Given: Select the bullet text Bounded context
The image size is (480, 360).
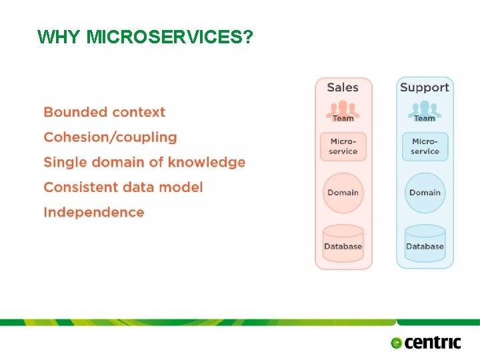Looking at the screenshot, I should (104, 112).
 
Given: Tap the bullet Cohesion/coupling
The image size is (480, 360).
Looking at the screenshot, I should (110, 137).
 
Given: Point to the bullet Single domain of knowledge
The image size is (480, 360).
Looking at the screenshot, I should (144, 162).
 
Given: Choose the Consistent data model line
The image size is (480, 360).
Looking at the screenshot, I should (123, 187).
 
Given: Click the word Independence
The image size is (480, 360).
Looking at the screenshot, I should (93, 212).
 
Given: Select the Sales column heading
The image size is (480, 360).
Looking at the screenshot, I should (343, 87).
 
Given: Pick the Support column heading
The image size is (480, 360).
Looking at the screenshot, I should (424, 87).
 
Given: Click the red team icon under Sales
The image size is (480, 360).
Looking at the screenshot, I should (343, 109).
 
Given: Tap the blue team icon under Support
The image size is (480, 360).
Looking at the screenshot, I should (425, 109).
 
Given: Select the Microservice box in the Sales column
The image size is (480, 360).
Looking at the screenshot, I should (343, 147).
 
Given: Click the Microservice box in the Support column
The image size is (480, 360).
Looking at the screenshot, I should (425, 147).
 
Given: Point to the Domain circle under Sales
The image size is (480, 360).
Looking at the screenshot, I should (343, 193).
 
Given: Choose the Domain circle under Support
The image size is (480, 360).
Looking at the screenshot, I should (425, 193).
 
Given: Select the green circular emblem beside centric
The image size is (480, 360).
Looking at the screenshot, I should (397, 343).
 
